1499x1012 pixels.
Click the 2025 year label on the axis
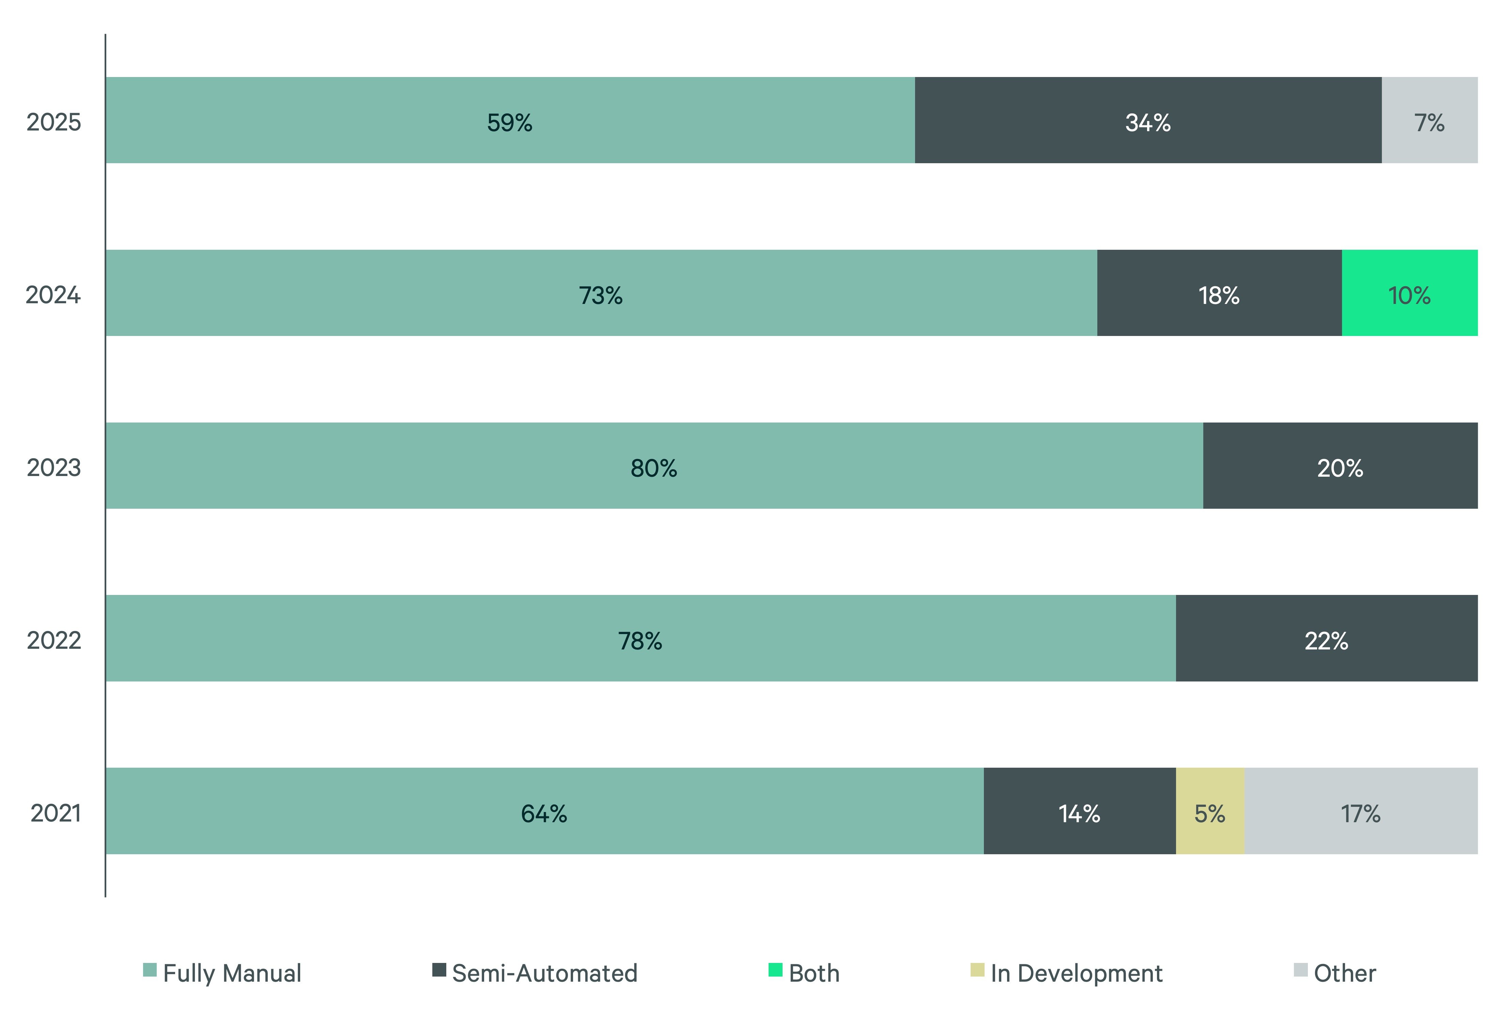coord(53,122)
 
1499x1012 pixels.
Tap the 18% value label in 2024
coord(1218,295)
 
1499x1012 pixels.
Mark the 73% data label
coord(601,295)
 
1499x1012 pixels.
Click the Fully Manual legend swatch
coord(150,970)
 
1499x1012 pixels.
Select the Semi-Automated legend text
coord(544,973)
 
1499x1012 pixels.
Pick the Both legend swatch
coord(775,970)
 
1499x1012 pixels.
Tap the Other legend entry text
coord(1345,973)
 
